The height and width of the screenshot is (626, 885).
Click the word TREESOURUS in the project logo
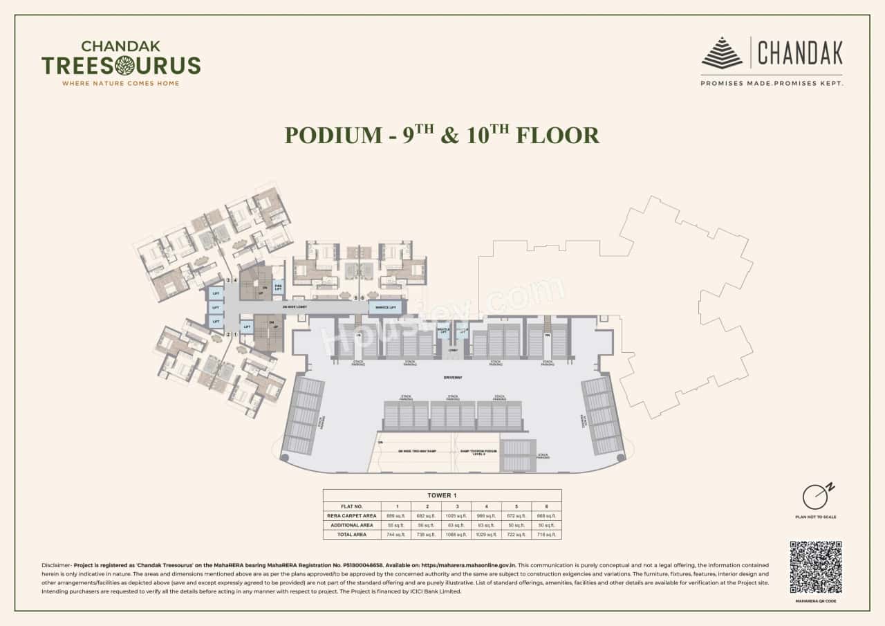(121, 66)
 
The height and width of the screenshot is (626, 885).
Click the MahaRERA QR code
(816, 567)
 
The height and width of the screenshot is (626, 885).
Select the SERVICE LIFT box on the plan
(386, 307)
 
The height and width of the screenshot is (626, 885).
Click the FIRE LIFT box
(278, 286)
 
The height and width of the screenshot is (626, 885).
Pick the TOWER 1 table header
(442, 495)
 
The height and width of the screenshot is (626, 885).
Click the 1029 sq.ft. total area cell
(487, 535)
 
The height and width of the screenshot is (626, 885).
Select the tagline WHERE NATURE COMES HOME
(121, 83)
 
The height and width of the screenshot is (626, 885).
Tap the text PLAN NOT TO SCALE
(816, 517)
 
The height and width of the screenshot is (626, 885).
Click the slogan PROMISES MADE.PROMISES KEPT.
(772, 83)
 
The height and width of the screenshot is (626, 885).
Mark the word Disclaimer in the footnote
(55, 565)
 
